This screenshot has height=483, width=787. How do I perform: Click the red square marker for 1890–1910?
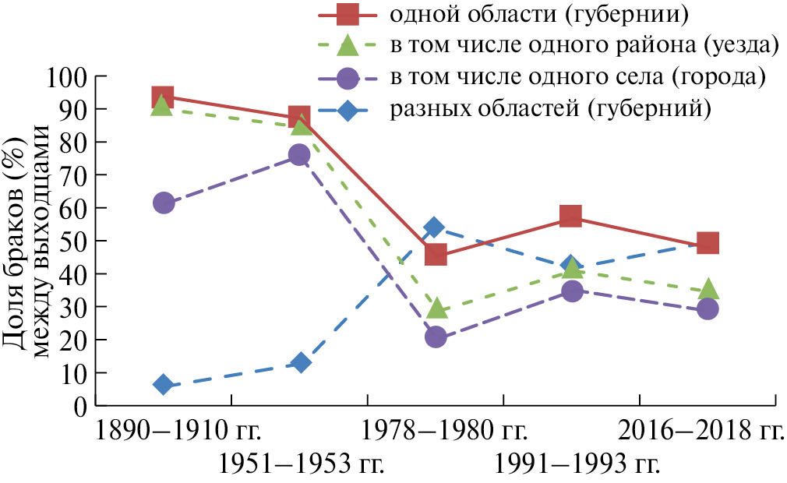tap(163, 97)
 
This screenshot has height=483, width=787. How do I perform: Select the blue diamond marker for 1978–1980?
tap(435, 227)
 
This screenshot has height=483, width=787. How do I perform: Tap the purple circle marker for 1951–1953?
tap(299, 155)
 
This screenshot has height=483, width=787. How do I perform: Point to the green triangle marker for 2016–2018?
tap(708, 290)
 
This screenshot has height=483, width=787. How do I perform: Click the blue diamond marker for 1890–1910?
tap(163, 384)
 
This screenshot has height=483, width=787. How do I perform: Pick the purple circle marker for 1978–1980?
tap(436, 337)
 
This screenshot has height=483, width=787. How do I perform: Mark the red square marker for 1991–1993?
tap(571, 216)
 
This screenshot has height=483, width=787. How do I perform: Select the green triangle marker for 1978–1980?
tap(436, 309)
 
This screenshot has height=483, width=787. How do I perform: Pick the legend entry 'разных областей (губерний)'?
tap(551, 108)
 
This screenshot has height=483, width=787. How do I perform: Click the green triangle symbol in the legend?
tap(348, 46)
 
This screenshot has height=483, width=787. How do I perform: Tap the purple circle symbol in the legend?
tap(348, 78)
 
